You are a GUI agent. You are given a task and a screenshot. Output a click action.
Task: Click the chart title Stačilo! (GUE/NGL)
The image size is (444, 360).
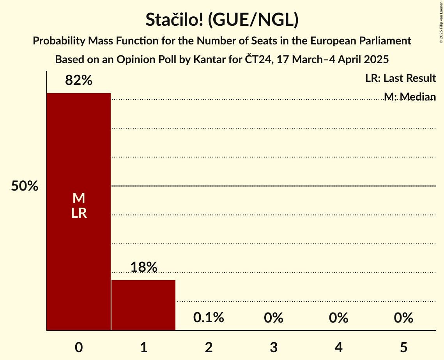pos(222,20)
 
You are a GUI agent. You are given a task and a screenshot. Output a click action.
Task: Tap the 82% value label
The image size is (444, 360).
pos(79,81)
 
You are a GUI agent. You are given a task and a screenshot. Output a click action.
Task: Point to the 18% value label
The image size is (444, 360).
pos(143,267)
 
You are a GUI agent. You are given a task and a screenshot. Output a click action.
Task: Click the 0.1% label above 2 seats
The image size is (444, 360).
pos(209,318)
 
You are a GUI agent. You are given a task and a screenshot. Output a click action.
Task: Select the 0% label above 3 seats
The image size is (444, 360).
pos(273,318)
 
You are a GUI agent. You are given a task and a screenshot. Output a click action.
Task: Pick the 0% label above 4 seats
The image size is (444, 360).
pos(338,318)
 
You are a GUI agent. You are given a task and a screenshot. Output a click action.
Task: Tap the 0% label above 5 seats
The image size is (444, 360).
pos(403,318)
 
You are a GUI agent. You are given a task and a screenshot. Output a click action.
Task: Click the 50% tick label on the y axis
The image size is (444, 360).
pos(25,186)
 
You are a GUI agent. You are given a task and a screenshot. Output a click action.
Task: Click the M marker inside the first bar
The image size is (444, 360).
pos(79,198)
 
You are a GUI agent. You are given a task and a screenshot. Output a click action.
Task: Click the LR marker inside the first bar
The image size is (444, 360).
pos(79,213)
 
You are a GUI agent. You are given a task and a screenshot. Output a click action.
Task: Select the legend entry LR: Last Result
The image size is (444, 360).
pos(400,78)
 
